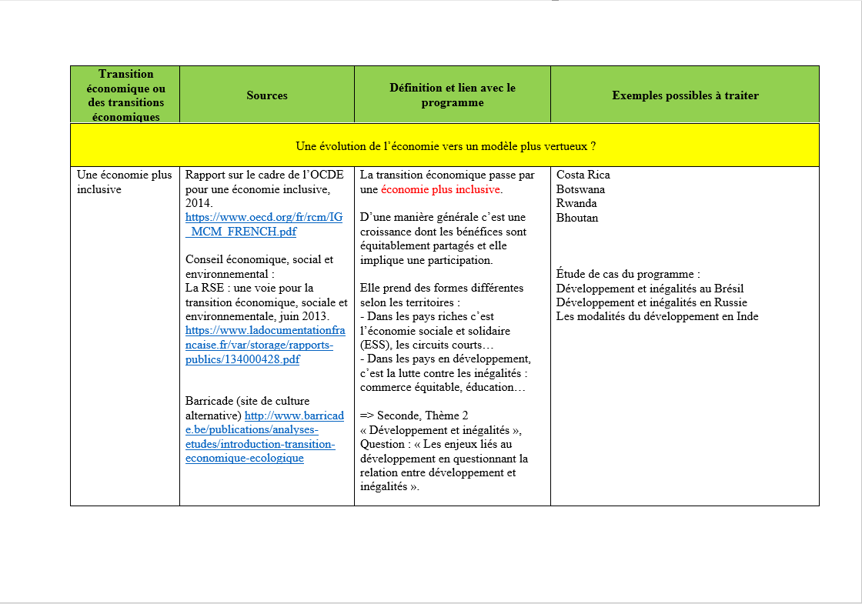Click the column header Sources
pyautogui.click(x=266, y=95)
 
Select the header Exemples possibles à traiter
pyautogui.click(x=685, y=95)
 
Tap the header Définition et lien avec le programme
pyautogui.click(x=452, y=95)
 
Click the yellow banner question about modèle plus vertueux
pyautogui.click(x=446, y=146)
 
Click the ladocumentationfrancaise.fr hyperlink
pyautogui.click(x=265, y=345)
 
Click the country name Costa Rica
pyautogui.click(x=583, y=175)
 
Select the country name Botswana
pyautogui.click(x=580, y=189)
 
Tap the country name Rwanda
pyautogui.click(x=576, y=203)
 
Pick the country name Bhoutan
pyautogui.click(x=577, y=218)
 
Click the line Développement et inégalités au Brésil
pyautogui.click(x=650, y=288)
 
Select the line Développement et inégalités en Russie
pyautogui.click(x=651, y=302)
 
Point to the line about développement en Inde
pyautogui.click(x=657, y=316)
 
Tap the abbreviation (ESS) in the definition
pyautogui.click(x=374, y=345)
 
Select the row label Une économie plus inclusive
pyautogui.click(x=124, y=182)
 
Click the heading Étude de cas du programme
pyautogui.click(x=628, y=274)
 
